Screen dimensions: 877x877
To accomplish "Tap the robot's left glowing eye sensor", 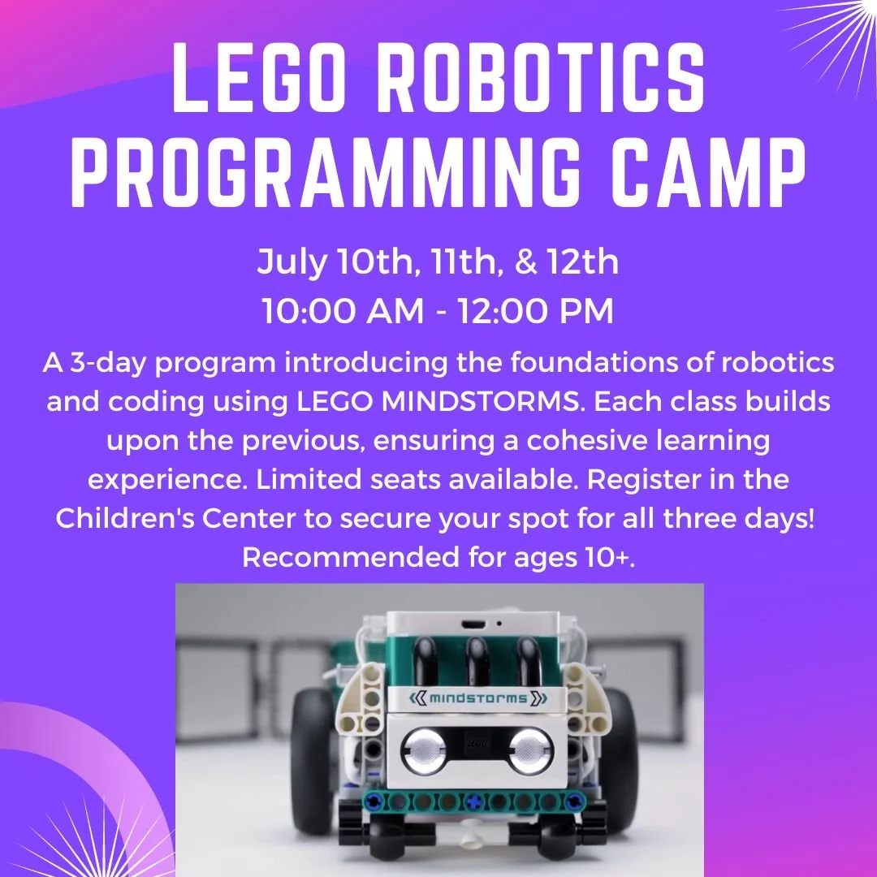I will (x=421, y=747).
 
